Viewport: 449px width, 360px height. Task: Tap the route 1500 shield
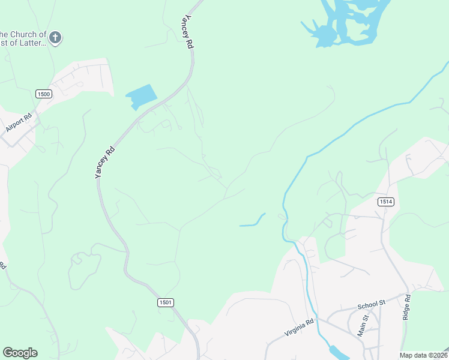pyautogui.click(x=44, y=94)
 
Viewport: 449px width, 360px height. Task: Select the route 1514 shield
pyautogui.click(x=386, y=202)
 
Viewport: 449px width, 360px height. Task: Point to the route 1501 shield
pyautogui.click(x=166, y=302)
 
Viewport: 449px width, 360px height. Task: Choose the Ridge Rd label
pyautogui.click(x=406, y=306)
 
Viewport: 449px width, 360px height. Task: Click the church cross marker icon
pyautogui.click(x=55, y=38)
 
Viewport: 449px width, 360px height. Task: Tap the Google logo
pyautogui.click(x=20, y=353)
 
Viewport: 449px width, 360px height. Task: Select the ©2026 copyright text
pyautogui.click(x=438, y=355)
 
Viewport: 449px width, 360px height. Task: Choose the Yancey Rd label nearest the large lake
pyautogui.click(x=188, y=31)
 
